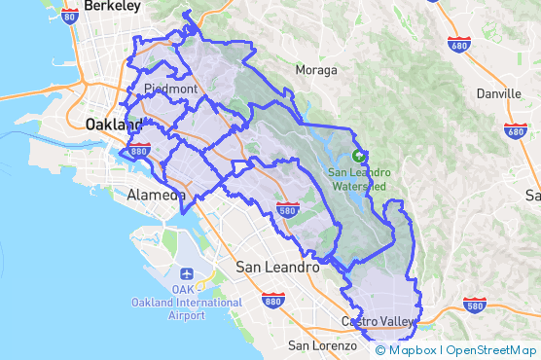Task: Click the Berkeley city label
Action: [112, 6]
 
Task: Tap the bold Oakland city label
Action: [115, 125]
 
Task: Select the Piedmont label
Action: [169, 89]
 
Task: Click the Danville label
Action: [499, 94]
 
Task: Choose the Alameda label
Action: [156, 196]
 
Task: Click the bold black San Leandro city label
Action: [278, 267]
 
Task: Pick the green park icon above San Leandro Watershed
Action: [359, 155]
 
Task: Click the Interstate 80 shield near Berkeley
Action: [69, 15]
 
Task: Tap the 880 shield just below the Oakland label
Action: [139, 151]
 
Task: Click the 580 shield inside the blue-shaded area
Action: [287, 210]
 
